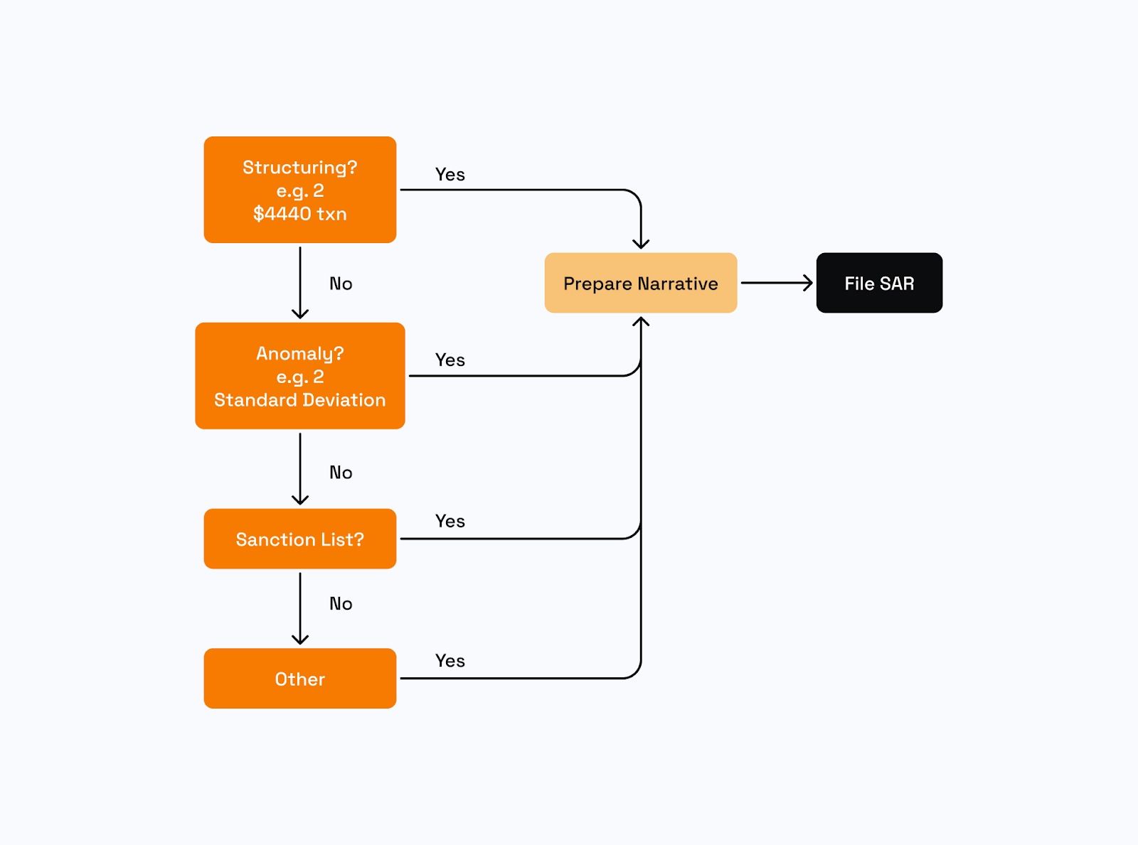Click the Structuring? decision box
(x=299, y=190)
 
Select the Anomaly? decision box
(x=299, y=376)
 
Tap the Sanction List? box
(x=299, y=539)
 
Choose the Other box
(x=299, y=679)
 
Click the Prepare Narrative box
(x=640, y=284)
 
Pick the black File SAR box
(x=879, y=284)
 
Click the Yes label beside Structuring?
(x=450, y=175)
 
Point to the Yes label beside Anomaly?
(x=450, y=360)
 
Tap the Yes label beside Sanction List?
(x=450, y=522)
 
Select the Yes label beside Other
(x=450, y=661)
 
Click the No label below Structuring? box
(x=341, y=284)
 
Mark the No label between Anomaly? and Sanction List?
(x=341, y=473)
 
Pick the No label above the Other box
(x=341, y=604)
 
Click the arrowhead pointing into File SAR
(x=807, y=283)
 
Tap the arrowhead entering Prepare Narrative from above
(x=641, y=244)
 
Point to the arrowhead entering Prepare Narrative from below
(x=641, y=322)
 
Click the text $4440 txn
(x=299, y=214)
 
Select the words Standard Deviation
(x=299, y=400)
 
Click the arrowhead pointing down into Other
(x=300, y=640)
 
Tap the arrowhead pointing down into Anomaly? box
(x=300, y=313)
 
